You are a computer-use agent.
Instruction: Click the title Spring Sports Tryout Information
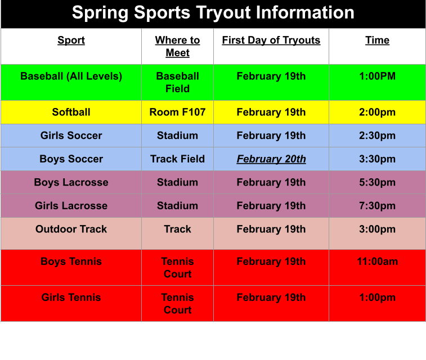click(x=213, y=12)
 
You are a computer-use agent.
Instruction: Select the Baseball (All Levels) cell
click(x=71, y=76)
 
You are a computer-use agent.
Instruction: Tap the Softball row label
click(x=71, y=112)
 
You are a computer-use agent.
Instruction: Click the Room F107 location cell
click(x=177, y=112)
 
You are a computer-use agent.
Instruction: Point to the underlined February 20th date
click(x=271, y=159)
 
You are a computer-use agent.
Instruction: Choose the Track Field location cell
click(x=177, y=159)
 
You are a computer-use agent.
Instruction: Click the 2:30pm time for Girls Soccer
click(x=377, y=136)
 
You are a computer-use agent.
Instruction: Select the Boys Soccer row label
click(x=71, y=159)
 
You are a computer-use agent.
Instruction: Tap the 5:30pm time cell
click(x=377, y=182)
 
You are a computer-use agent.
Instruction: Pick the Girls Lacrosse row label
click(x=71, y=206)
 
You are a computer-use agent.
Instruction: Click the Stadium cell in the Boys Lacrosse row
click(x=177, y=182)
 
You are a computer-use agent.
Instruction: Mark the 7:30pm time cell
click(x=377, y=206)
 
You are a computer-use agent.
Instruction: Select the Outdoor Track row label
click(x=71, y=229)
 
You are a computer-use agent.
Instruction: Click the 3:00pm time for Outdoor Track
click(x=377, y=229)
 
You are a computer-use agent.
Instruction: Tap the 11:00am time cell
click(x=377, y=262)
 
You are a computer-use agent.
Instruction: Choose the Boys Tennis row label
click(x=71, y=262)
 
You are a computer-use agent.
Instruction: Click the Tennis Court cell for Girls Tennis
click(x=177, y=304)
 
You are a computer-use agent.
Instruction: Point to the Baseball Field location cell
click(x=177, y=82)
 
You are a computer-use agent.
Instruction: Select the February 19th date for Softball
click(x=271, y=112)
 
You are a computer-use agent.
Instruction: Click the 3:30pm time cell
click(x=377, y=159)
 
